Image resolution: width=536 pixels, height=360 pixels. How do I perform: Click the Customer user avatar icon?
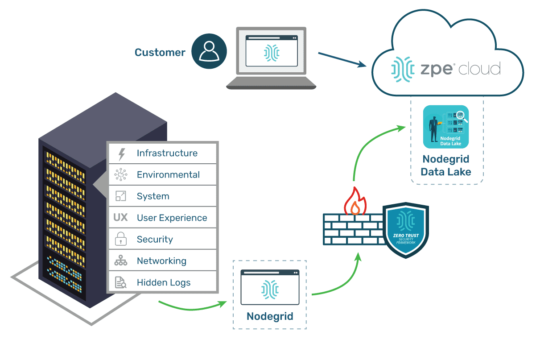[x=209, y=52]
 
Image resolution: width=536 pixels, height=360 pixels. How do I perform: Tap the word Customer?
[x=160, y=53]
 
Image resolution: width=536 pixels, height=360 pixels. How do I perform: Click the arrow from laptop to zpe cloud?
[x=343, y=60]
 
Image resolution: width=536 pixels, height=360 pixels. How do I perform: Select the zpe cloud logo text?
[x=446, y=69]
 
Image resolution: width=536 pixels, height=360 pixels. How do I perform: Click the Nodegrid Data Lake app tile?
[x=445, y=127]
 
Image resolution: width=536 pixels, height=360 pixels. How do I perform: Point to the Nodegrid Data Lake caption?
[x=446, y=166]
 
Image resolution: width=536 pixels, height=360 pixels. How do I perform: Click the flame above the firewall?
[x=355, y=202]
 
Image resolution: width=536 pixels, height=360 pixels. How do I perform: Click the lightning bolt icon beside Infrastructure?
[x=121, y=154]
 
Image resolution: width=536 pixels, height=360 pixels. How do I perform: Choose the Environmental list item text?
[x=168, y=175]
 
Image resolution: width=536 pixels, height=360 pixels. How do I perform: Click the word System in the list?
[x=153, y=196]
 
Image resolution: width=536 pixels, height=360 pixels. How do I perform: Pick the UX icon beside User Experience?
[x=120, y=218]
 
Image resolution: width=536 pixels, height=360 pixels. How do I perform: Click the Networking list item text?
[x=161, y=261]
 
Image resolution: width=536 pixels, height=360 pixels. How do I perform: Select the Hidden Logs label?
[x=164, y=282]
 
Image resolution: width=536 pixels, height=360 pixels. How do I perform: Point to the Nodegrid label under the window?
[x=270, y=317]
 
